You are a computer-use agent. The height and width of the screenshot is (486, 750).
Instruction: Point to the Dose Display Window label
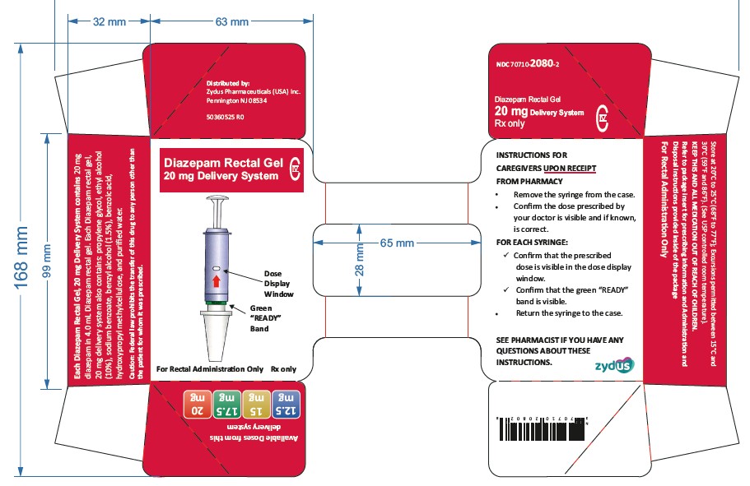[x=277, y=283]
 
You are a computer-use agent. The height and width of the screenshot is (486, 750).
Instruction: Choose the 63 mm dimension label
[x=231, y=22]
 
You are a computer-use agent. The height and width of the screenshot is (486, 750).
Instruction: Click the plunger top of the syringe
[x=216, y=199]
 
